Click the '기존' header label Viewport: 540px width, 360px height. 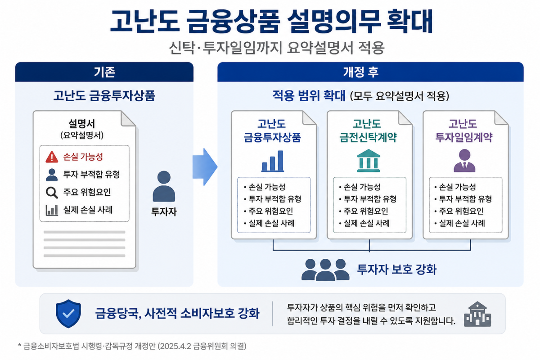click(104, 72)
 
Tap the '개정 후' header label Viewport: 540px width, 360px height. click(361, 72)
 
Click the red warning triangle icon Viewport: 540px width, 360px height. click(52, 157)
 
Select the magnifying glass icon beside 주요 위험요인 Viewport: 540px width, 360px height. click(52, 193)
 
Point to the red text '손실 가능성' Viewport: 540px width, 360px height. click(83, 157)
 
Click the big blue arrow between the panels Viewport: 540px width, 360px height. click(205, 167)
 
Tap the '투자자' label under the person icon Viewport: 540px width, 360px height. click(164, 211)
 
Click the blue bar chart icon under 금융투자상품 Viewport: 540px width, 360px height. click(273, 161)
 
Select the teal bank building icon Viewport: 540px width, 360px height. click(369, 161)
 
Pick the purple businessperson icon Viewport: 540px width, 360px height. click(464, 161)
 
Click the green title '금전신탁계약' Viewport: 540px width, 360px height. click(368, 137)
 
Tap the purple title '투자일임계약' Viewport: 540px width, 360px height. click(463, 137)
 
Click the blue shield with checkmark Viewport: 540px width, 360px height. click(68, 314)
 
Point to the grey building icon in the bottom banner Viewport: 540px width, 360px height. click(477, 314)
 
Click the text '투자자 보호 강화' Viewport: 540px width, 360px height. click(396, 270)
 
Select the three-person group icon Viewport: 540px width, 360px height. click(325, 270)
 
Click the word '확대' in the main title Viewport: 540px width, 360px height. click(410, 21)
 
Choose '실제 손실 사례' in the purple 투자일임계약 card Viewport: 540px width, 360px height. click(462, 223)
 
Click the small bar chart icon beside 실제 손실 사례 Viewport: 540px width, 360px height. click(52, 210)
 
